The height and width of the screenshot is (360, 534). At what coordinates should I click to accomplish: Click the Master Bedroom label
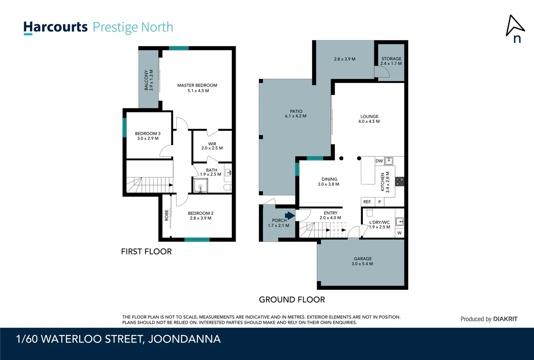197,85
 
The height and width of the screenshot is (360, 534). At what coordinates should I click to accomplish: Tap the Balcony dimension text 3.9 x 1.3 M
151,80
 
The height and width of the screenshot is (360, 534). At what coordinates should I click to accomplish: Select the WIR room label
212,144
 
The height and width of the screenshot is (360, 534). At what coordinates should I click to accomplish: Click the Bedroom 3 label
148,133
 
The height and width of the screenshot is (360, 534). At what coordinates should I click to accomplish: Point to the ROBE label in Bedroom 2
167,215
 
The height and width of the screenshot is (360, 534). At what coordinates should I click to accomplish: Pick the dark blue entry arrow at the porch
290,216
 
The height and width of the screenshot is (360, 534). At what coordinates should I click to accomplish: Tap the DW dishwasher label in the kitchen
379,161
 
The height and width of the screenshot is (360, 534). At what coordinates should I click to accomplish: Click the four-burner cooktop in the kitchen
399,182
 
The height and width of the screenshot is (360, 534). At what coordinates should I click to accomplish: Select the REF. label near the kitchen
367,202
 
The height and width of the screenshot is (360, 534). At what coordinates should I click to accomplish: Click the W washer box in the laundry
399,233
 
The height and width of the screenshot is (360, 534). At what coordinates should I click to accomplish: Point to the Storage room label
391,59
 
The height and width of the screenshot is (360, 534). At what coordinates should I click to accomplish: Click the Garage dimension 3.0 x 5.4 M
362,264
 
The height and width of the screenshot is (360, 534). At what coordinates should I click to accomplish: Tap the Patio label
296,111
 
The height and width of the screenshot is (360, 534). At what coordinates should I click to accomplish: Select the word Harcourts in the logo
55,27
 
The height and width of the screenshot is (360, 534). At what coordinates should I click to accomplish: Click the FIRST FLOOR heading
146,252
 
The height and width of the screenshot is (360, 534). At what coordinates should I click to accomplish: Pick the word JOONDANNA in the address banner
184,339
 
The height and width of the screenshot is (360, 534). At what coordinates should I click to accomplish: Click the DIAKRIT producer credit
505,319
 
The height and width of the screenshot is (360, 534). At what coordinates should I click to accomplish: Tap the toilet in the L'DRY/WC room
369,212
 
